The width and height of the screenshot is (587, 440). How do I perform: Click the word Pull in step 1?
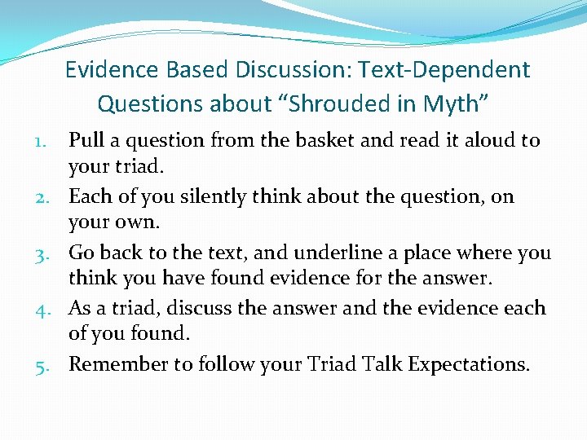[86, 141]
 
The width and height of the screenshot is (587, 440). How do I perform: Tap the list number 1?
[53, 142]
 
